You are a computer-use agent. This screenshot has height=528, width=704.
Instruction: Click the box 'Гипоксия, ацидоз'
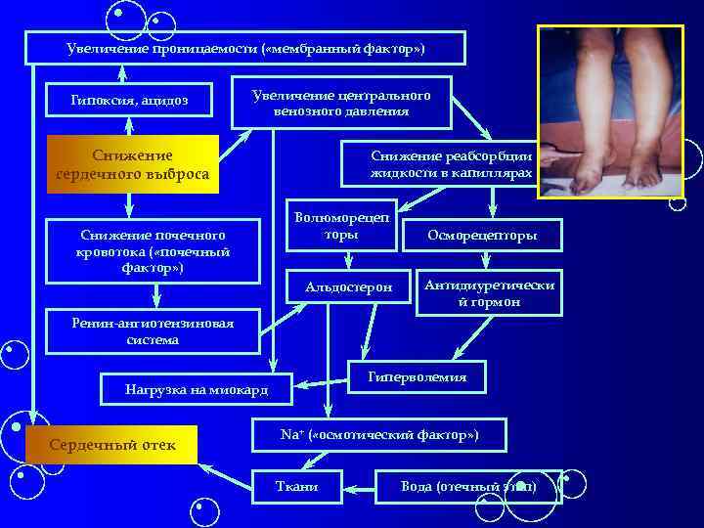tap(129, 100)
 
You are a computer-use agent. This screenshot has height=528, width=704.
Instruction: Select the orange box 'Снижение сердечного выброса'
tap(131, 164)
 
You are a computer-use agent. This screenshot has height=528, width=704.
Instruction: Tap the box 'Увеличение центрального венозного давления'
tap(341, 103)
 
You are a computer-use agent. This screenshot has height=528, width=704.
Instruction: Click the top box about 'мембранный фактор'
tap(244, 48)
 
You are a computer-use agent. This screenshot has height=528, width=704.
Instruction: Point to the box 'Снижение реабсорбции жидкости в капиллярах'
tap(451, 163)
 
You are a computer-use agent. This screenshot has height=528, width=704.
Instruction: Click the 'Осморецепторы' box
tap(482, 236)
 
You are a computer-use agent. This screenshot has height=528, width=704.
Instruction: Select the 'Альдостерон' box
tap(348, 287)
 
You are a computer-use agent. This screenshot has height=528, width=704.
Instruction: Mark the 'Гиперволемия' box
tap(417, 377)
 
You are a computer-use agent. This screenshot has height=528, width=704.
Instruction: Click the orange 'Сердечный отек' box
tap(112, 445)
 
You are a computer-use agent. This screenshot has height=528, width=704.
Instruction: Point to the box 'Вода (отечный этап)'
tap(468, 486)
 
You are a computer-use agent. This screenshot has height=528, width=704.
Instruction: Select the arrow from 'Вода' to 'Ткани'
tap(359, 486)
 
